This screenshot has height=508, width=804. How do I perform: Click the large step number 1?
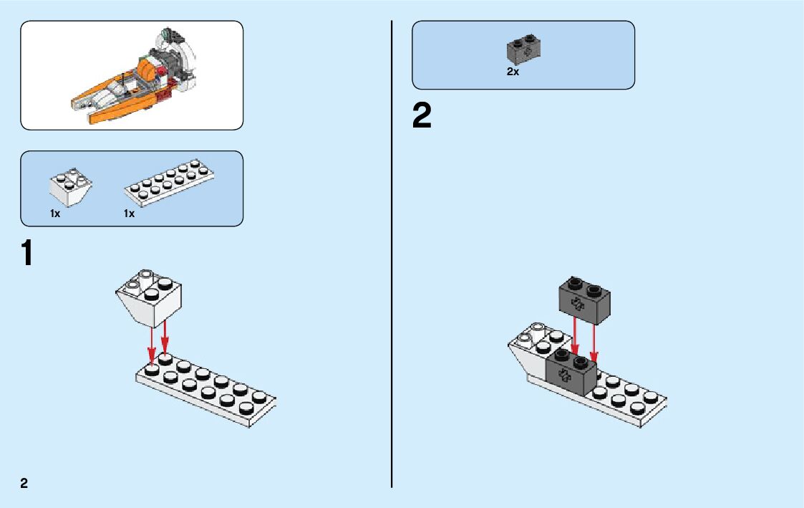point(26,254)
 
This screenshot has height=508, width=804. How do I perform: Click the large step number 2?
point(422,116)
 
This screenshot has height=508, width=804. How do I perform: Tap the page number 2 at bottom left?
point(24,482)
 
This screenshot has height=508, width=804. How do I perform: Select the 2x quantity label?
point(513,72)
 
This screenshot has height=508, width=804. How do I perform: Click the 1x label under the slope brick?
point(55,214)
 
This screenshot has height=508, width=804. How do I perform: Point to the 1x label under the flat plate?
point(129,214)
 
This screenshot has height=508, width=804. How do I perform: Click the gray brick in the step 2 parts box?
point(523,49)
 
